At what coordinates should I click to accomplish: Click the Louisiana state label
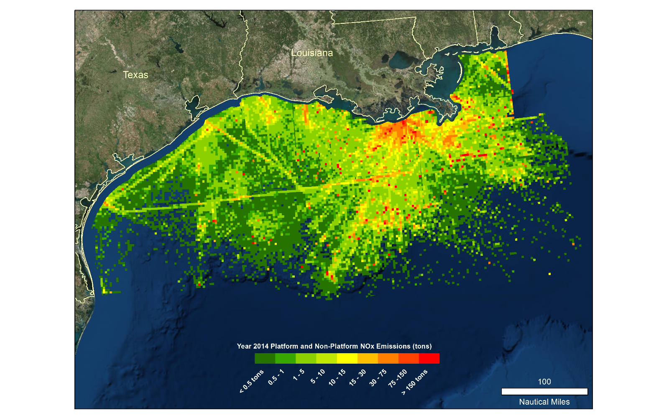coord(312,53)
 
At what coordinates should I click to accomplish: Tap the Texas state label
coord(135,75)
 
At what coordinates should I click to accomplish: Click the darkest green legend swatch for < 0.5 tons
coord(265,359)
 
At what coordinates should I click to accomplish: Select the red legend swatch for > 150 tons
coord(429,359)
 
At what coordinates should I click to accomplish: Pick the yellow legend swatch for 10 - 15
coord(347,359)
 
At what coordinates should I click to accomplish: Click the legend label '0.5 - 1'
coord(276,377)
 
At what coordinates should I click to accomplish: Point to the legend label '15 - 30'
coord(358,377)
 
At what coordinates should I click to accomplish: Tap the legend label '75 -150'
coord(398,378)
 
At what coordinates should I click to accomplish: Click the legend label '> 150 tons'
coord(415,382)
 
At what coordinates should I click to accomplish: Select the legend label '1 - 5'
coord(299,375)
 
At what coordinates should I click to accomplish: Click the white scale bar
coord(544,392)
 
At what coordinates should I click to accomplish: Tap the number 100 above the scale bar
coord(544,382)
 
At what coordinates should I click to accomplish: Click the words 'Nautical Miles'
coord(544,402)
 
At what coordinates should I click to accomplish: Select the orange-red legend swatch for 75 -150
coord(409,359)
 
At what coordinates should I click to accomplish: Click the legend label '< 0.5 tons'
coord(252,381)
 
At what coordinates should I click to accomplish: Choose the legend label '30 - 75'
coord(378,377)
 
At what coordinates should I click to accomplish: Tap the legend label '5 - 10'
coord(318,377)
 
